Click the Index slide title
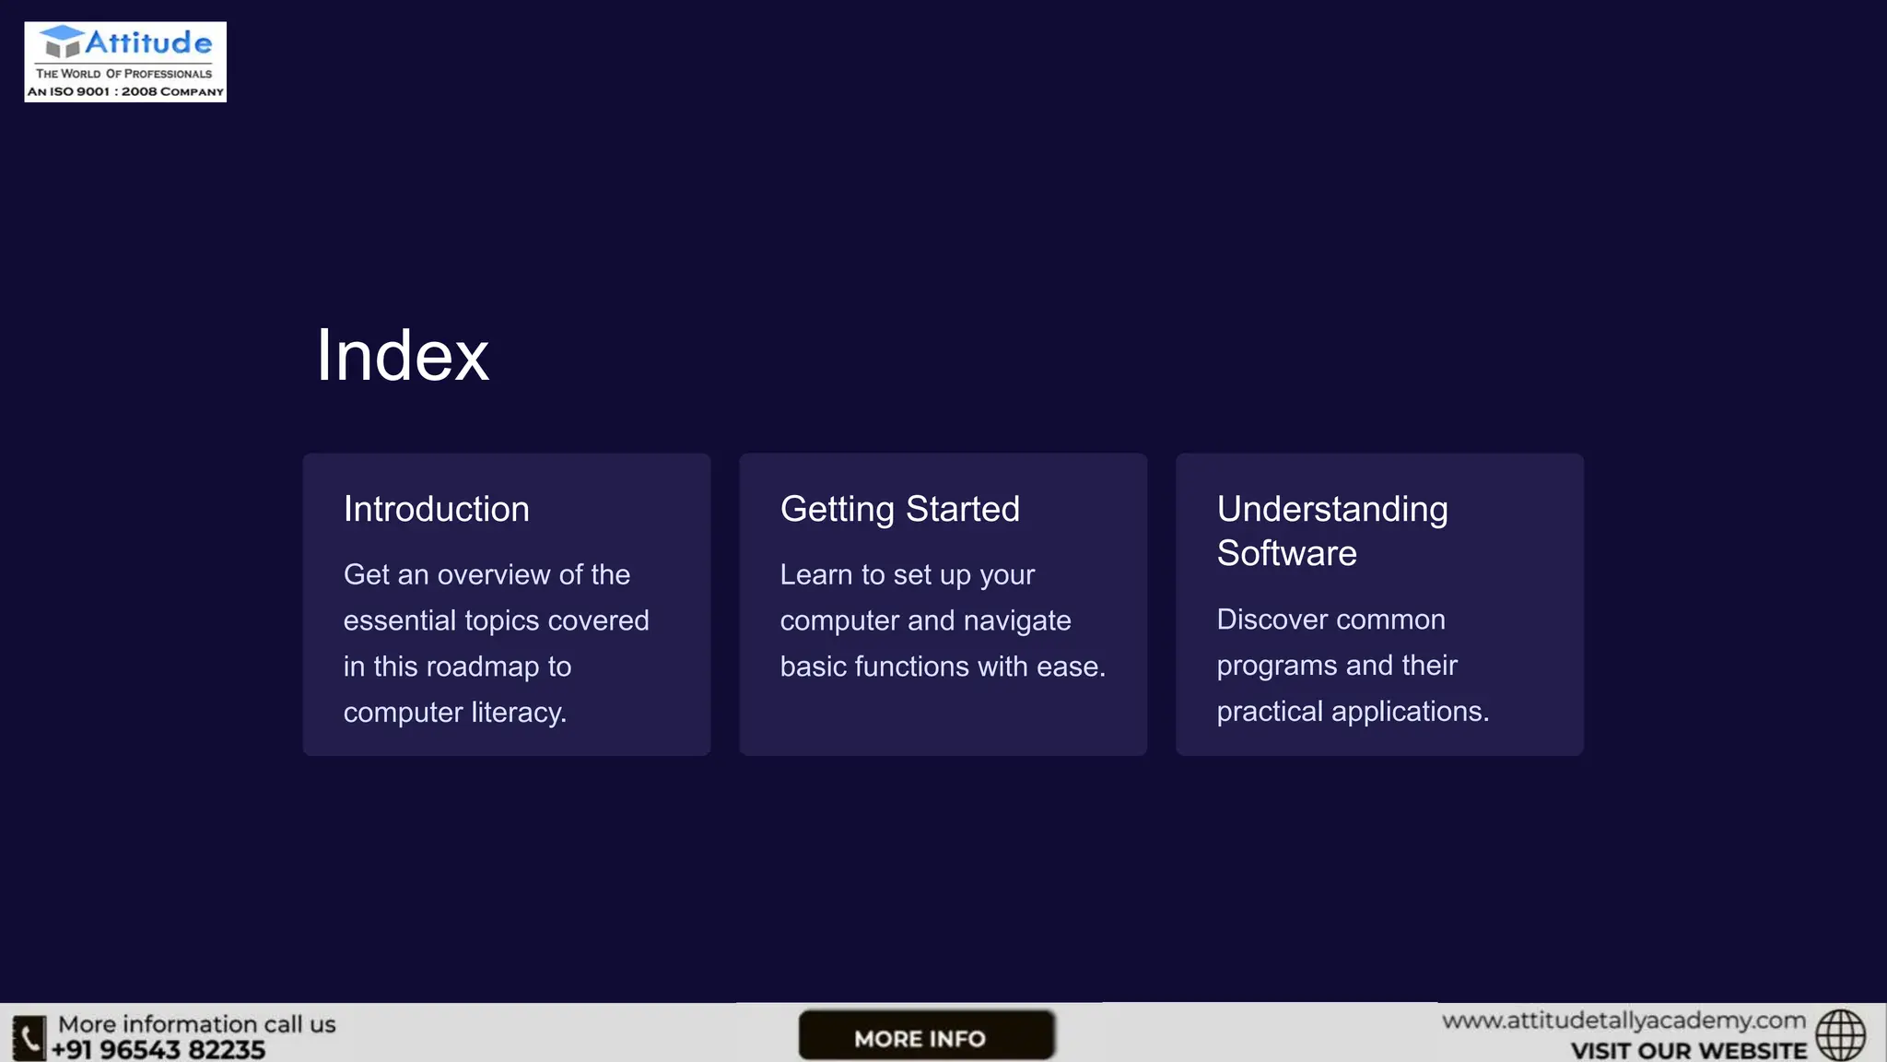pyautogui.click(x=403, y=356)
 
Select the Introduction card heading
pyautogui.click(x=436, y=509)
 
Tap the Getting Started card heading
pyautogui.click(x=899, y=509)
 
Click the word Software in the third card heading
pyautogui.click(x=1286, y=553)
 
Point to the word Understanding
pyautogui.click(x=1331, y=509)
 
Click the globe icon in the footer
pyautogui.click(x=1840, y=1035)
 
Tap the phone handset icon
pyautogui.click(x=29, y=1039)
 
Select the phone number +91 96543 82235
pyautogui.click(x=158, y=1050)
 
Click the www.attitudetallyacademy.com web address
pyautogui.click(x=1623, y=1021)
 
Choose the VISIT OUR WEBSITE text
pyautogui.click(x=1688, y=1051)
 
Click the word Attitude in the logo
pyautogui.click(x=148, y=42)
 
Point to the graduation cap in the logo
pyautogui.click(x=62, y=41)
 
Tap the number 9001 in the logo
pyautogui.click(x=92, y=91)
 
